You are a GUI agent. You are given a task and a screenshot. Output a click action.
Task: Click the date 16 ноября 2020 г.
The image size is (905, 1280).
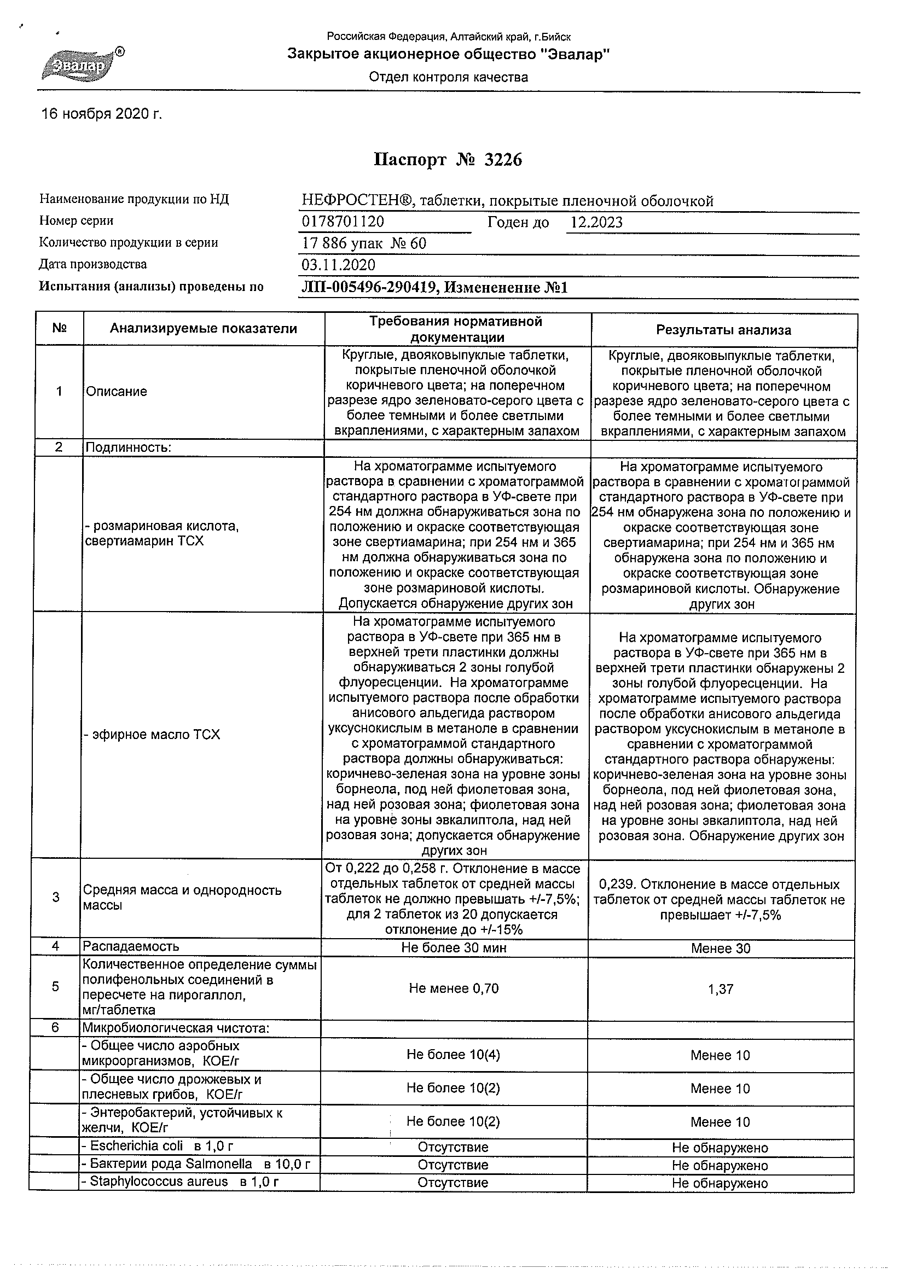click(x=101, y=114)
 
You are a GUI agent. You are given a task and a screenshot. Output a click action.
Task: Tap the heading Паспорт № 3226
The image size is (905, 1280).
click(x=448, y=160)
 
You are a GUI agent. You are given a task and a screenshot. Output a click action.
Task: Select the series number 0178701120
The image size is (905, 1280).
click(x=343, y=222)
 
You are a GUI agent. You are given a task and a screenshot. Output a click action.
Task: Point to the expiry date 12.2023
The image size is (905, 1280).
click(x=596, y=223)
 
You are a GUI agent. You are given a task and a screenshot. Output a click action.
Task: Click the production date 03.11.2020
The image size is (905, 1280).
click(x=339, y=265)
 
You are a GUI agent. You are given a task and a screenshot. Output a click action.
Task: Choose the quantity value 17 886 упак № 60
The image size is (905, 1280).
click(x=363, y=243)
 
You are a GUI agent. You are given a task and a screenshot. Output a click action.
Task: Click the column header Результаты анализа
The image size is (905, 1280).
click(x=723, y=330)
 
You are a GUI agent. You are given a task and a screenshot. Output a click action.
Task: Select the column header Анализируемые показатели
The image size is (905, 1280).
click(x=203, y=328)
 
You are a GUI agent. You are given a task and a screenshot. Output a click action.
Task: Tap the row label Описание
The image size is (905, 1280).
click(x=117, y=391)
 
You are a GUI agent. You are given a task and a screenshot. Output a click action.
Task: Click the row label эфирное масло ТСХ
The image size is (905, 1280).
click(x=152, y=735)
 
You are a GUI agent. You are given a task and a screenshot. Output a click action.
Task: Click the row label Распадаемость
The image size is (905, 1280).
click(x=131, y=946)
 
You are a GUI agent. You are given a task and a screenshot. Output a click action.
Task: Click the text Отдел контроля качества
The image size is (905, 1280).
click(x=448, y=78)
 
